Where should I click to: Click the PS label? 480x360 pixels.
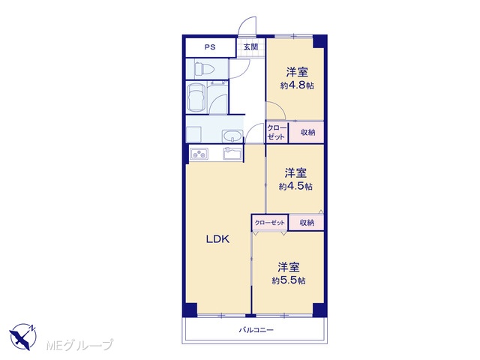(210, 47)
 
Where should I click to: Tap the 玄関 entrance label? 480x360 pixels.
(250, 47)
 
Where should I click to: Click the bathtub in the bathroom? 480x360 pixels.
(196, 97)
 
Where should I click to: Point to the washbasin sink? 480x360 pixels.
(232, 136)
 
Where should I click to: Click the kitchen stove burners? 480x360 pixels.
(199, 154)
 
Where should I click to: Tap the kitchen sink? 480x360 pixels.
(232, 153)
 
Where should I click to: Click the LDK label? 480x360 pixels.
(217, 239)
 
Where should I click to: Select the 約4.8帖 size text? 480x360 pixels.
(297, 85)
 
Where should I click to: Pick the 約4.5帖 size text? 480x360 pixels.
(295, 186)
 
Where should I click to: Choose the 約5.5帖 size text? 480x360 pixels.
(288, 280)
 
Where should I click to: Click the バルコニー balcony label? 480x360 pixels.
(256, 330)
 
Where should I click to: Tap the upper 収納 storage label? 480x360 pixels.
(307, 132)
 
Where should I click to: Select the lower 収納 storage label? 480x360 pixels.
(307, 223)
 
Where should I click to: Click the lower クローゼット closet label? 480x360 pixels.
(270, 223)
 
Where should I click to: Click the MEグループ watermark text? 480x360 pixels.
(79, 345)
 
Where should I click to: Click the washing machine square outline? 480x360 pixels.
(193, 134)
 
